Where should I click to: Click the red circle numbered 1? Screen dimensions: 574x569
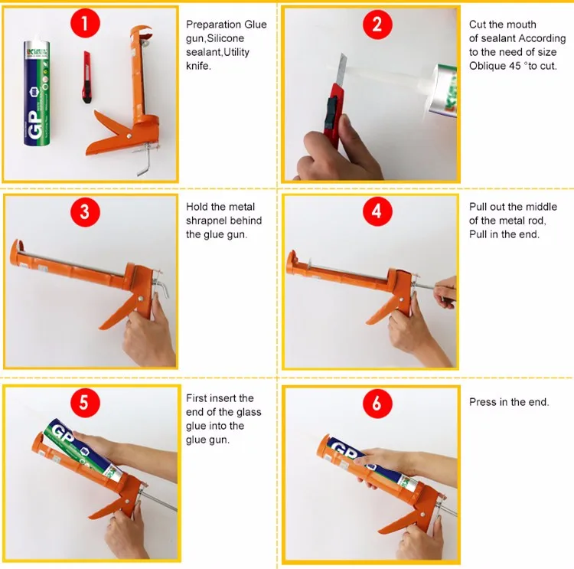(85, 23)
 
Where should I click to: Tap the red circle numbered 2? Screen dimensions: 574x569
(377, 25)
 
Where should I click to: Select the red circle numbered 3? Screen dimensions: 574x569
(85, 212)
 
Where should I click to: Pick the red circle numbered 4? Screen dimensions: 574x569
(377, 211)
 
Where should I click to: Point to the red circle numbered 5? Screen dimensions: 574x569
(85, 402)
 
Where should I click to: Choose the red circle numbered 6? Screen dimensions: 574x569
(377, 404)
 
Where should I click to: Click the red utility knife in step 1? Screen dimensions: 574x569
(87, 77)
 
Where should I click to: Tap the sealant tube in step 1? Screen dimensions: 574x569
(37, 93)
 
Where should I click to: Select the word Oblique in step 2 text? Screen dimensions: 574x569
(487, 66)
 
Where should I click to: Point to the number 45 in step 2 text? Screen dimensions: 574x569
(514, 66)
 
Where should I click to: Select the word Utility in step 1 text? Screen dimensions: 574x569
(236, 52)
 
